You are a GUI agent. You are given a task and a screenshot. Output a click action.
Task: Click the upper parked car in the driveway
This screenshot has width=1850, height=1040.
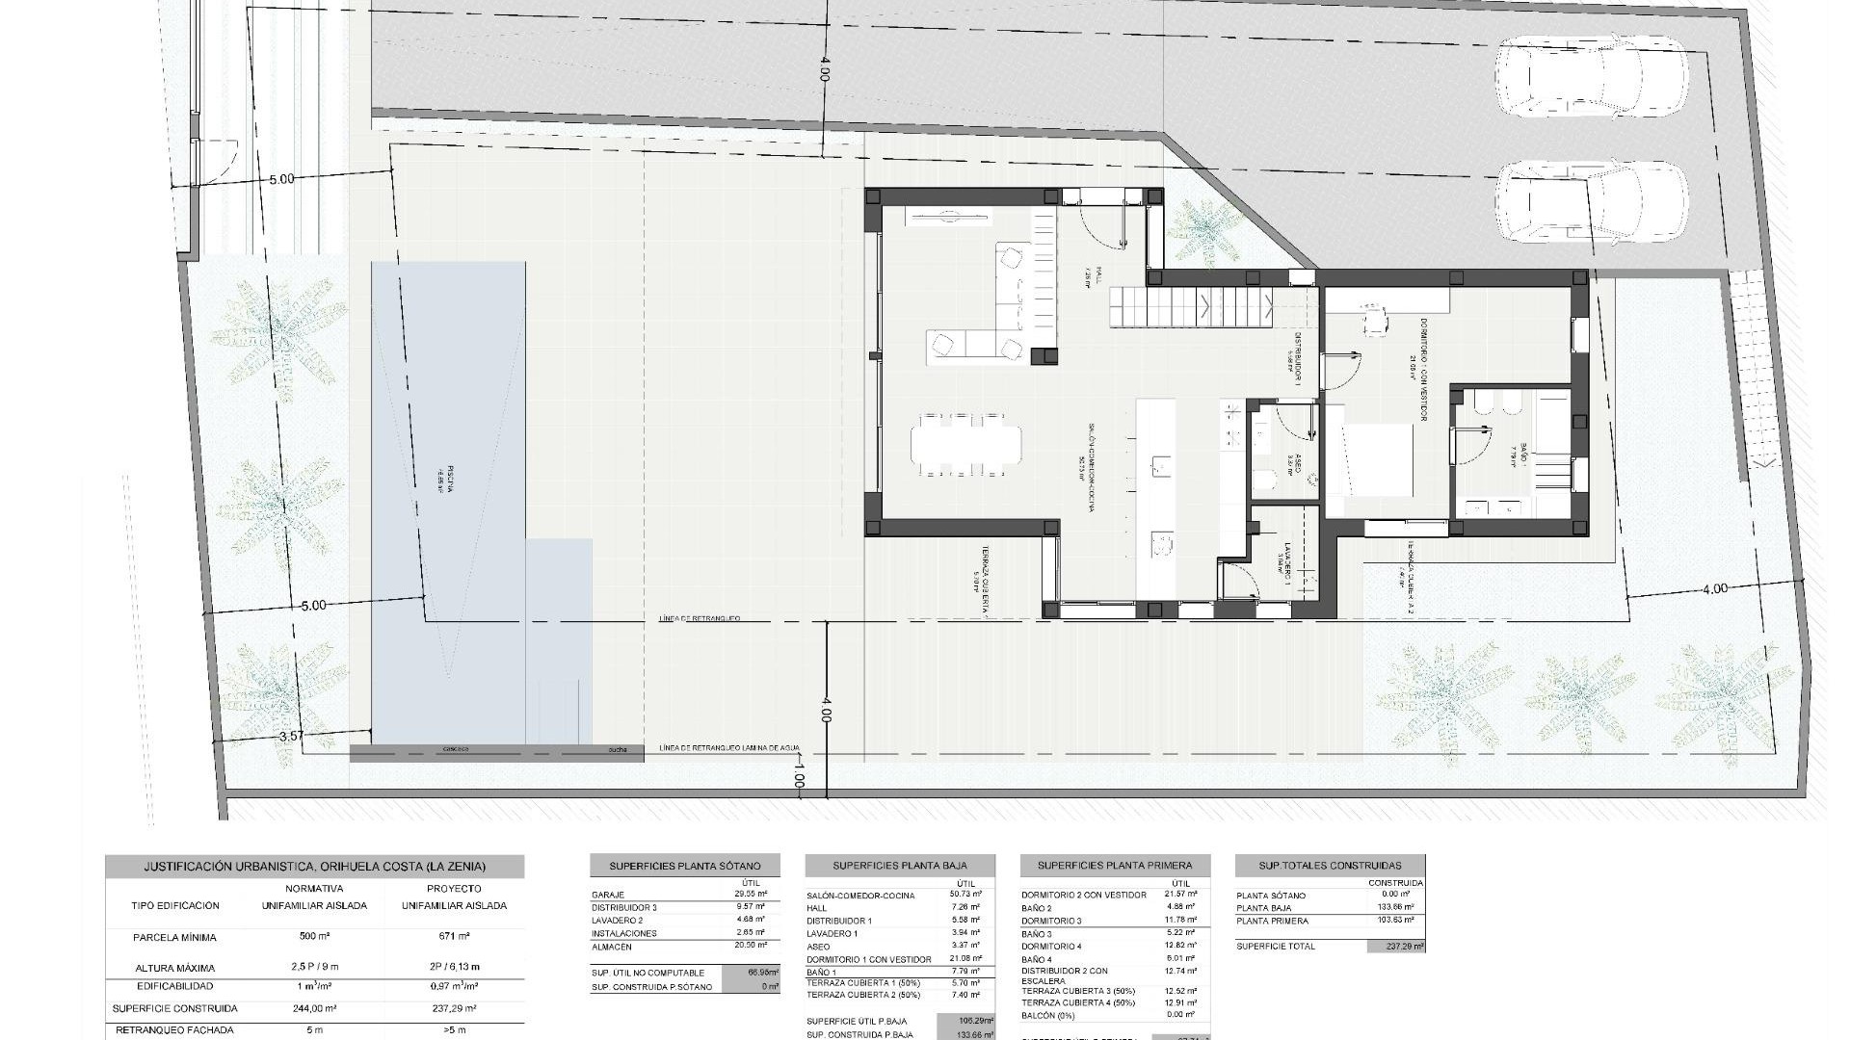click(x=1591, y=78)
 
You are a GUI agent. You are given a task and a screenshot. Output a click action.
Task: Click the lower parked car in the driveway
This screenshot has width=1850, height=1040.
click(x=1591, y=204)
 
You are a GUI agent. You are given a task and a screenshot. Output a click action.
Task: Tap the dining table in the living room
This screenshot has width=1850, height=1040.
click(x=965, y=444)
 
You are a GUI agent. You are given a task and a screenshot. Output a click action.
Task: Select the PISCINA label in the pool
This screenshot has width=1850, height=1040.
click(x=449, y=476)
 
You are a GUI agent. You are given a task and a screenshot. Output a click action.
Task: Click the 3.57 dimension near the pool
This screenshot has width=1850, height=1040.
click(x=291, y=737)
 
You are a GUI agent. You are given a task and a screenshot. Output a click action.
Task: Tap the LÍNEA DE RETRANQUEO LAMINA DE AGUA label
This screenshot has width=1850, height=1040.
click(x=729, y=748)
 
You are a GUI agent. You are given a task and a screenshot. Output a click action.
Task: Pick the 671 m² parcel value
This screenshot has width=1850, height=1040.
click(x=453, y=936)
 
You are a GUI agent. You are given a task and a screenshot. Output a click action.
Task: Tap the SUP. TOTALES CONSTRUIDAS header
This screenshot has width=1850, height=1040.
click(x=1330, y=866)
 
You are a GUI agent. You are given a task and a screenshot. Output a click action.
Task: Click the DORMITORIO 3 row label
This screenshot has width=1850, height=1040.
click(x=1051, y=921)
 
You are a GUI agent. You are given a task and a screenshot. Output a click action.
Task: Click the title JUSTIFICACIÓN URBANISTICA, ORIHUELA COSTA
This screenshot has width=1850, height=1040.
click(x=314, y=866)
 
